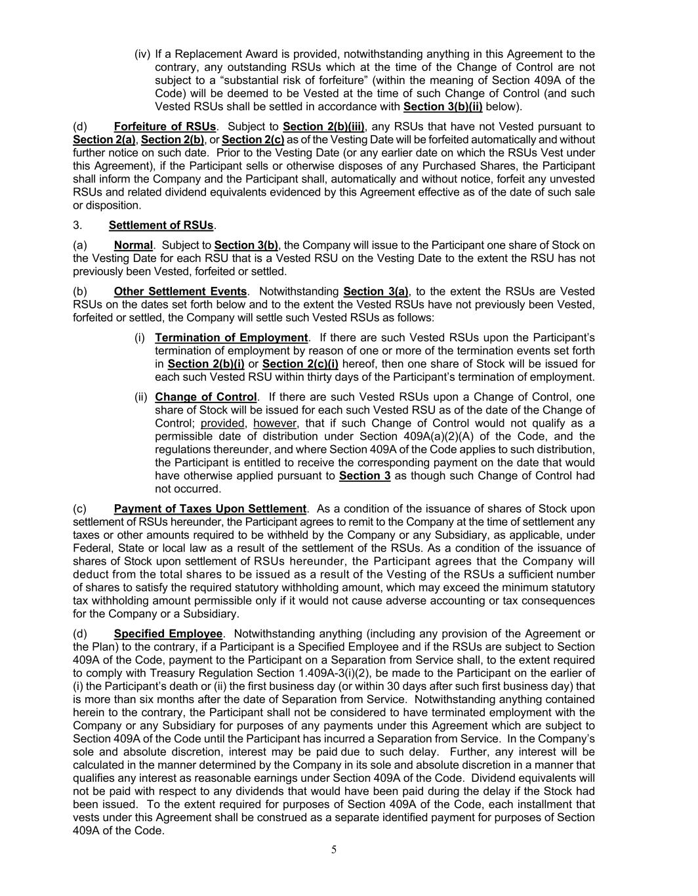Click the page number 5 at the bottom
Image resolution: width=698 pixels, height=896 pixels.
334,850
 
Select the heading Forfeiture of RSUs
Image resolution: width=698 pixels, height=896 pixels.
165,127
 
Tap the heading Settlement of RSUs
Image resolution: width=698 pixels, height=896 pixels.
161,225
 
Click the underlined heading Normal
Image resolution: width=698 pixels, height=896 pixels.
133,245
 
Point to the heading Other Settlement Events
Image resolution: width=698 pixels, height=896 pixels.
180,291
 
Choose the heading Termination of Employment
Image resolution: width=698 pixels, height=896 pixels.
231,337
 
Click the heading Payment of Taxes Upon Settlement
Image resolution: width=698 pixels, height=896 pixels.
210,509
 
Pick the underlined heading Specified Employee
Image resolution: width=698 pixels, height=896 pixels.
168,633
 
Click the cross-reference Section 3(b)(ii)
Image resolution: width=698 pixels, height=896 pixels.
443,106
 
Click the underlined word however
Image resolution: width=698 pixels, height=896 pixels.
275,423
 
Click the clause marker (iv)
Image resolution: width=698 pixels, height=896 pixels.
142,54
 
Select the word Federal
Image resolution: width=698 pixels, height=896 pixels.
92,548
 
